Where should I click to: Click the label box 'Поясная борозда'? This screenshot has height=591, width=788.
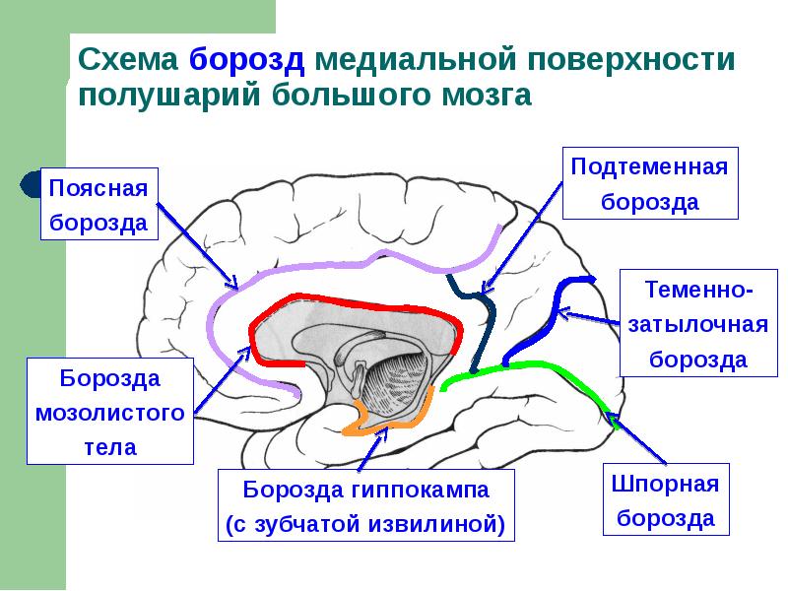pyautogui.click(x=98, y=204)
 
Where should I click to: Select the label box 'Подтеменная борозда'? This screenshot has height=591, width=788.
pyautogui.click(x=650, y=183)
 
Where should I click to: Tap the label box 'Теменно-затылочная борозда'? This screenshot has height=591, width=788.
pyautogui.click(x=698, y=324)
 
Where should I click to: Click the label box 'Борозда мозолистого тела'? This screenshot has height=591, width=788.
pyautogui.click(x=110, y=412)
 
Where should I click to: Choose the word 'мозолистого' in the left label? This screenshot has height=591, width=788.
pyautogui.click(x=110, y=412)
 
